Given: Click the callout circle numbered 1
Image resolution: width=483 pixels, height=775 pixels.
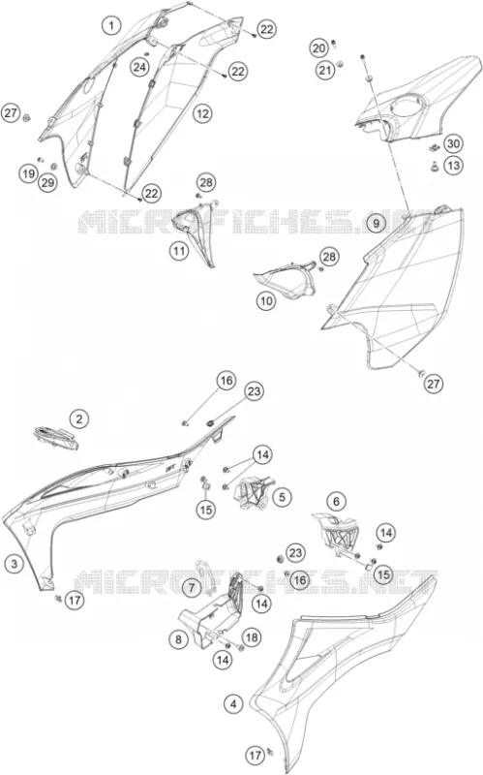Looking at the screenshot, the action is click(111, 25).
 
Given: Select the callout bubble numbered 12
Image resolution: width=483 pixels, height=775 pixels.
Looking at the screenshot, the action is click(202, 113).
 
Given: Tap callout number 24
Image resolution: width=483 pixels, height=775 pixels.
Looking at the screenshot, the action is click(140, 66).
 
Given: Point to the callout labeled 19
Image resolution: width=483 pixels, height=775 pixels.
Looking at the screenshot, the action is click(29, 173).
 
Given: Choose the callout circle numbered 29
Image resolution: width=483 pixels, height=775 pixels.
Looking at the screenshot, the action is click(47, 183).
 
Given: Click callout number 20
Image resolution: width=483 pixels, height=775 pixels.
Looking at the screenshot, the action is click(319, 47).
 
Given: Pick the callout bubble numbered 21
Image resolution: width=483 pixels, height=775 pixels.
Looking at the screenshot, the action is click(325, 70).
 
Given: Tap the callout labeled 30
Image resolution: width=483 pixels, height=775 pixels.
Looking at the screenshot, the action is click(453, 143).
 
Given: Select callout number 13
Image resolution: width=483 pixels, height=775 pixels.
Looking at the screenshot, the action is click(453, 165).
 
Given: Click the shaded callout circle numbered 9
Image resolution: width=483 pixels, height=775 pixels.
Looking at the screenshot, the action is click(377, 224).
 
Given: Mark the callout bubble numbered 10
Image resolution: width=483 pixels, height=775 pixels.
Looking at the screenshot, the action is click(266, 300).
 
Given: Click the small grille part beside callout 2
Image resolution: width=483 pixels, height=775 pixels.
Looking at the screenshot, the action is click(55, 438).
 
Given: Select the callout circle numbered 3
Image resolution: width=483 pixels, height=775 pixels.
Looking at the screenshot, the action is click(15, 564).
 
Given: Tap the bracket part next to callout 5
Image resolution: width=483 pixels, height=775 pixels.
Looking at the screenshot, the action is click(254, 491).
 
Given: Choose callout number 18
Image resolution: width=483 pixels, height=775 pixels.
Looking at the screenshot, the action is click(252, 637).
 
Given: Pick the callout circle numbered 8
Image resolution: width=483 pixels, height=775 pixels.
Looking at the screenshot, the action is click(178, 639).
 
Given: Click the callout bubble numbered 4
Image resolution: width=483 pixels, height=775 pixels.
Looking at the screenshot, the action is click(233, 704).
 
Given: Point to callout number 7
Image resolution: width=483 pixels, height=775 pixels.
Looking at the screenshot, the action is click(192, 588).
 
